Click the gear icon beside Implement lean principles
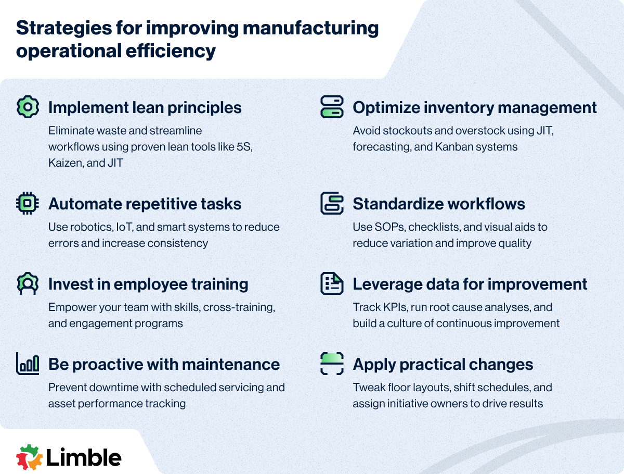(x=28, y=107)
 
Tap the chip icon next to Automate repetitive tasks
(x=28, y=203)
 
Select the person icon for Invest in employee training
(x=28, y=283)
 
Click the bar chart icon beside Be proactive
(x=28, y=364)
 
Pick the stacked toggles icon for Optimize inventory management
(x=332, y=107)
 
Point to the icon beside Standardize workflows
(x=332, y=203)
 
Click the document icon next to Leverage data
(x=332, y=283)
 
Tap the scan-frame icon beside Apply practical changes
(x=332, y=364)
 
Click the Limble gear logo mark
(x=29, y=457)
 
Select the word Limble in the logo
(x=84, y=457)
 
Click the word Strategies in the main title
(x=64, y=29)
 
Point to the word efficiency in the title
(x=171, y=51)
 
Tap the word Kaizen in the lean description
(x=66, y=163)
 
